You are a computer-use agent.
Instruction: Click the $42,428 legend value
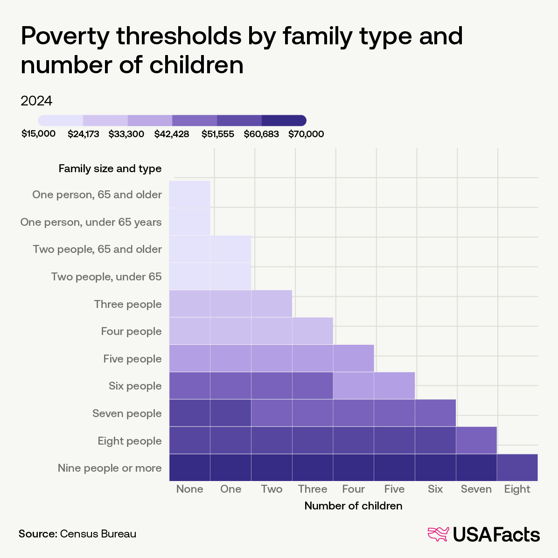coord(172,134)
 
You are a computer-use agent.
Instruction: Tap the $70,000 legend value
coord(306,134)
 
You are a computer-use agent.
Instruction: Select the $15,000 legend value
coord(39,134)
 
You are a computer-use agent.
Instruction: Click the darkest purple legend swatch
coord(284,120)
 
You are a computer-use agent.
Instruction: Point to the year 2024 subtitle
coord(36,101)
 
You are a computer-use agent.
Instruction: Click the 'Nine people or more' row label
coord(110,468)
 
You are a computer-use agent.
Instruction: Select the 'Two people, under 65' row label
coord(106,277)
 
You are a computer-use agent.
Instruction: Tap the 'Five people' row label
coord(133,359)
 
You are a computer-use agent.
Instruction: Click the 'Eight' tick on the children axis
coord(517,489)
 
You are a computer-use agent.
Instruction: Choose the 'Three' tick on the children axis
coord(313,489)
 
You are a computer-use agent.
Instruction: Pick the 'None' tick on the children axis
coord(189,489)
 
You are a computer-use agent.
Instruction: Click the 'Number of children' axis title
coord(353,506)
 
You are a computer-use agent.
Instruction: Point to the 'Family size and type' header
coord(110,168)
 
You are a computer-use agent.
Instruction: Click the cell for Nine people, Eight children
coord(517,467)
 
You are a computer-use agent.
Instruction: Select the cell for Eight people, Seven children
coord(476,440)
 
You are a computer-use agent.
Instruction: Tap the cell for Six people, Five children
coord(394,385)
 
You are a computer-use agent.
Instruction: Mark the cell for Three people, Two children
coord(272,304)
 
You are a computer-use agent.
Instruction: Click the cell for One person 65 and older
coord(189,194)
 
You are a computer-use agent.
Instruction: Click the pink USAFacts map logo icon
coord(438,534)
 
